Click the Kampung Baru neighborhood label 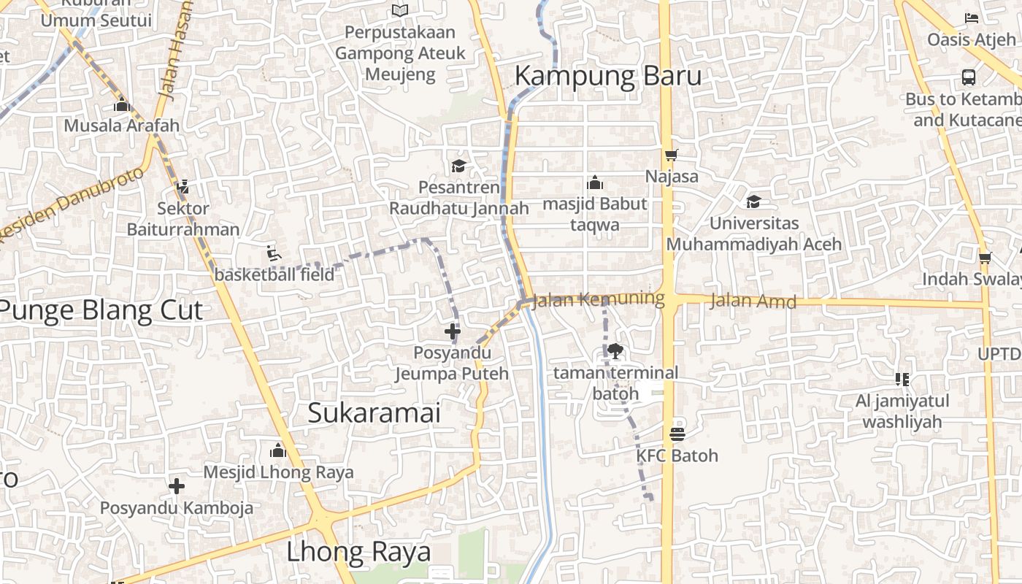click(608, 76)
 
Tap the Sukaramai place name click(374, 412)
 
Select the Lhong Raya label click(358, 552)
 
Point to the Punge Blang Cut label click(101, 310)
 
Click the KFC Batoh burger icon click(677, 434)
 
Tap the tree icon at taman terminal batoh click(615, 352)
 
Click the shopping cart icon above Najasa click(671, 155)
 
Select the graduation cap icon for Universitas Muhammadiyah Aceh click(753, 201)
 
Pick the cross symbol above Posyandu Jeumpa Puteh click(453, 331)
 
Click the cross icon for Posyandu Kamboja click(177, 486)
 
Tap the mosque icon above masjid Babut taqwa click(595, 182)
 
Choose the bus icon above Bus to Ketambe click(969, 77)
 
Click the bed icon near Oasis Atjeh click(971, 18)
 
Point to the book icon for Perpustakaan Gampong click(399, 10)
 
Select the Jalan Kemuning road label click(599, 299)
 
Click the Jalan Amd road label click(753, 300)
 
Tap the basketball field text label click(274, 274)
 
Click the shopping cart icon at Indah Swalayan click(985, 257)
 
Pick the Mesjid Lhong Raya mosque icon click(277, 450)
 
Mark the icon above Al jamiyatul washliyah click(902, 379)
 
